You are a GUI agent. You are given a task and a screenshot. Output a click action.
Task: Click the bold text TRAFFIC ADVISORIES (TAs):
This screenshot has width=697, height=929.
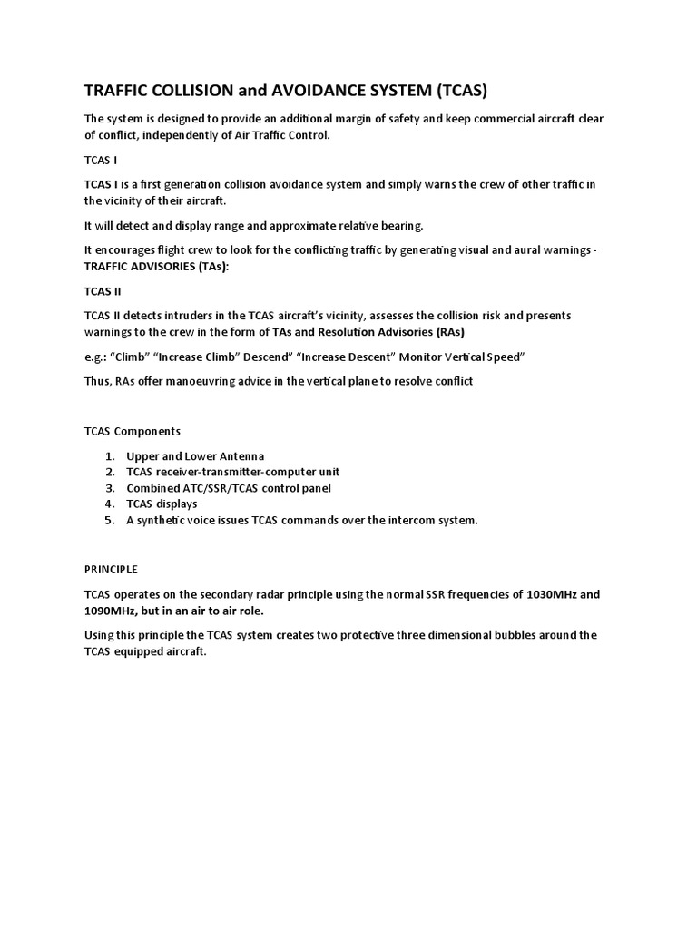coord(157,266)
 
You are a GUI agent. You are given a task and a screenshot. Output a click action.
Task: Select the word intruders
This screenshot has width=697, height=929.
coord(185,315)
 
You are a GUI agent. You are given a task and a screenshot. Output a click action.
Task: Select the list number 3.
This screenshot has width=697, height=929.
coord(109,488)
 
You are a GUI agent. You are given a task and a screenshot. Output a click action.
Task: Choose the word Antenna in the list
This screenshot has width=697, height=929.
coord(239,455)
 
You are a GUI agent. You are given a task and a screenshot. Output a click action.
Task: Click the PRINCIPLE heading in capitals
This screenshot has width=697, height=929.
coord(112,569)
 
